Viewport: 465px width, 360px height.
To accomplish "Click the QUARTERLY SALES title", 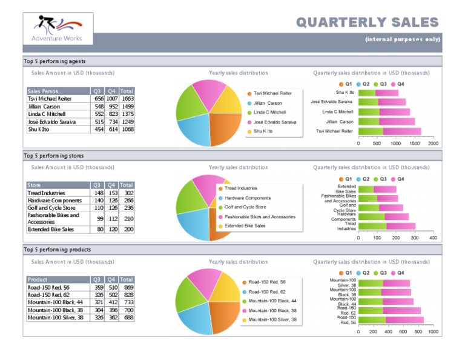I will click(x=367, y=22).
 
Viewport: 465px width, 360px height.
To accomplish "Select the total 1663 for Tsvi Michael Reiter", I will click(x=127, y=99).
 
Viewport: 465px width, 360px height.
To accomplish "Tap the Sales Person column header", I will click(x=43, y=91).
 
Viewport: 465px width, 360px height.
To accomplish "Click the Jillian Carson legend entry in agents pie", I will click(x=268, y=103).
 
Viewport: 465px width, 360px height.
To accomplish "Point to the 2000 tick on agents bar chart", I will click(x=433, y=144).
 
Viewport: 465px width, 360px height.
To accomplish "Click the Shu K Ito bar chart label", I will click(x=345, y=92).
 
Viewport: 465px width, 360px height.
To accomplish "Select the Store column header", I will click(x=35, y=185).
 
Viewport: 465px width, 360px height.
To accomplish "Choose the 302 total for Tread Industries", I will click(x=128, y=193).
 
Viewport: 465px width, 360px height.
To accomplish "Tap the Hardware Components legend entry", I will click(x=248, y=198).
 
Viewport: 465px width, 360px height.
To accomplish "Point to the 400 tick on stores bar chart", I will click(x=433, y=238).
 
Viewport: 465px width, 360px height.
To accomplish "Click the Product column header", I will click(x=38, y=279).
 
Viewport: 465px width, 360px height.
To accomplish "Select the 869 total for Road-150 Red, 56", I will click(x=128, y=287).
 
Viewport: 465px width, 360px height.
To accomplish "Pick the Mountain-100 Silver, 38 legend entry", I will click(x=272, y=320).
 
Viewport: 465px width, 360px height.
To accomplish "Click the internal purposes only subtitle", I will click(x=401, y=39).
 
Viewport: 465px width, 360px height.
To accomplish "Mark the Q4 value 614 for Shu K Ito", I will click(x=113, y=129).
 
